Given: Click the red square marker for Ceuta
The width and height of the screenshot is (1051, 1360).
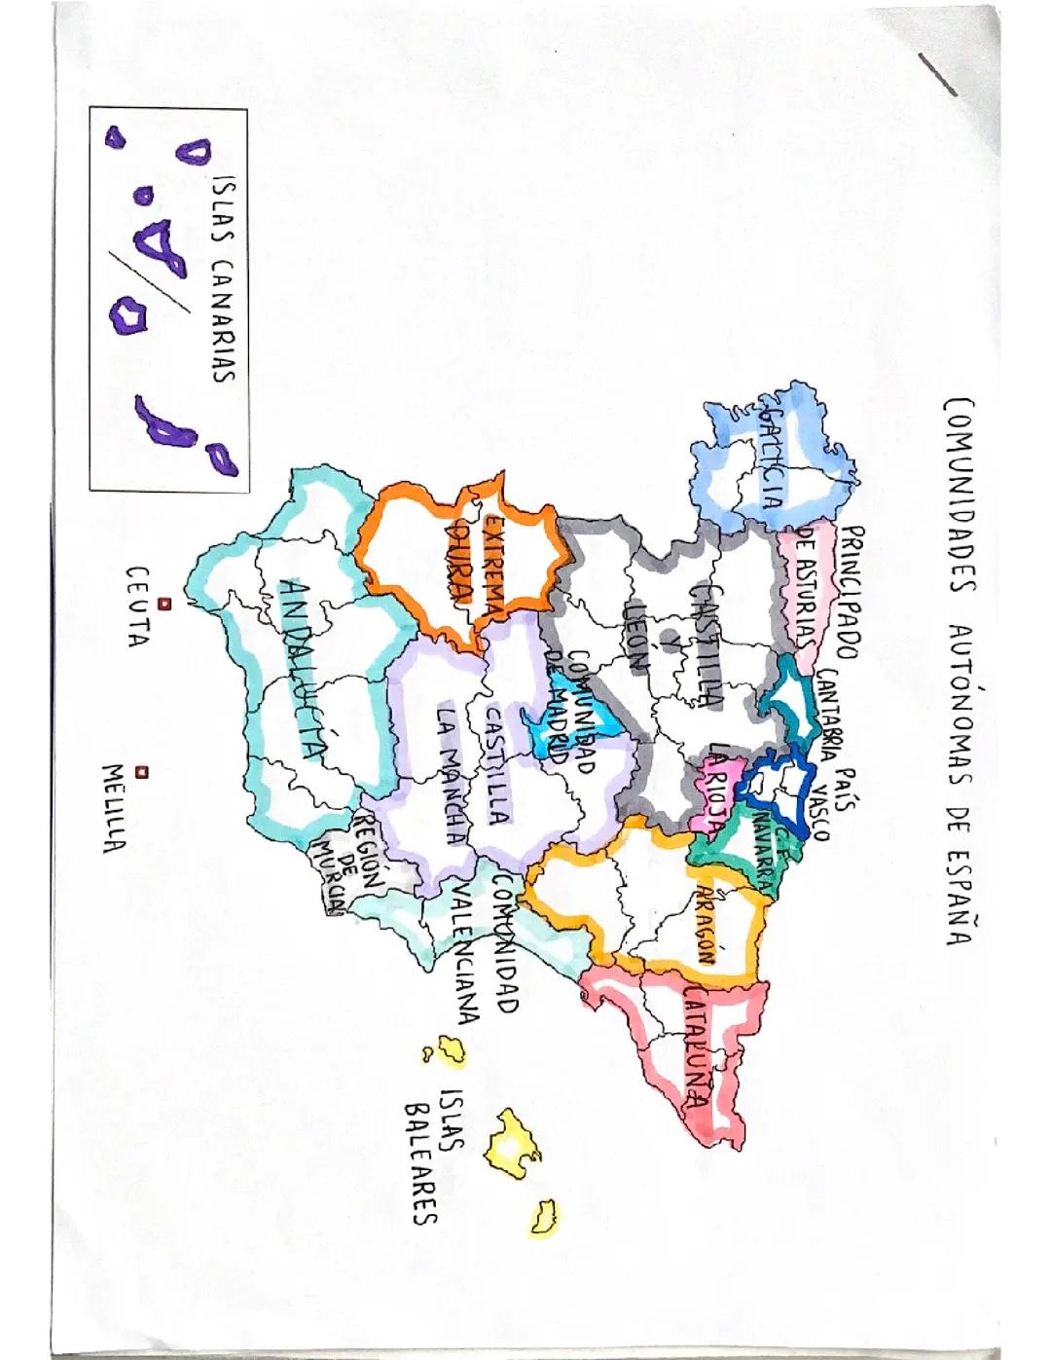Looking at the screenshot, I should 164,604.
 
